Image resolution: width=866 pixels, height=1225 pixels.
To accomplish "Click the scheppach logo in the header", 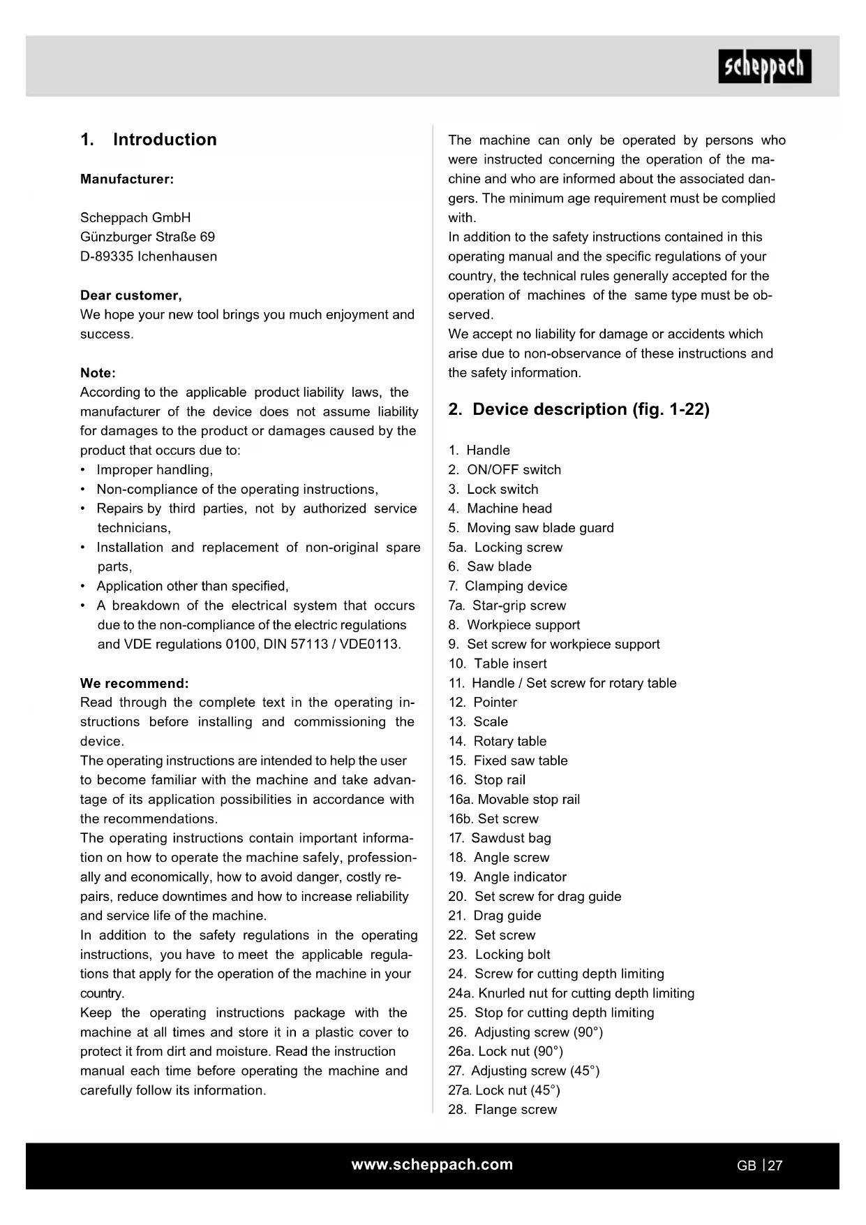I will tap(765, 66).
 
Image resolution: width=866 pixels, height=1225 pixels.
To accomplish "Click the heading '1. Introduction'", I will tap(149, 140).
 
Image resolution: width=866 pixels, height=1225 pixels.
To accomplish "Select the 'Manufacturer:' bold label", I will tap(127, 179).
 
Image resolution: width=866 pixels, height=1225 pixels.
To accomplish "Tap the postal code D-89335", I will tap(107, 256).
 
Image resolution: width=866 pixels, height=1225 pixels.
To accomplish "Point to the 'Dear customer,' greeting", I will tap(131, 295).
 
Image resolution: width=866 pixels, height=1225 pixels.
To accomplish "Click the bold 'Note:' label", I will tap(98, 373).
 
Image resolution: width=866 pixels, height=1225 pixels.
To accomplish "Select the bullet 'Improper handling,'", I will tap(155, 470).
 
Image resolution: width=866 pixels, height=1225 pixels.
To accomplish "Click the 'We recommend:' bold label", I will tap(135, 683).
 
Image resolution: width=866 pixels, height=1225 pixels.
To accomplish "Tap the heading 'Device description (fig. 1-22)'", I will tap(579, 409).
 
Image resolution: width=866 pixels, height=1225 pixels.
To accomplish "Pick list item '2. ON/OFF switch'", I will tap(505, 470).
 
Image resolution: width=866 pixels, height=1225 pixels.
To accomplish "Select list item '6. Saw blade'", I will tap(490, 566).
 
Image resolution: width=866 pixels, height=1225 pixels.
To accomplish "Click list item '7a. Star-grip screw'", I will tap(507, 606).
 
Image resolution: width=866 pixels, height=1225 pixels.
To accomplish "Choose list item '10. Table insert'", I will tap(498, 663).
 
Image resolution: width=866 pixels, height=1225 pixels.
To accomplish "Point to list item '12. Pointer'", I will tap(483, 703).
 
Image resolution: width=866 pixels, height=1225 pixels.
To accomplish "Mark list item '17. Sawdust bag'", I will tap(500, 838).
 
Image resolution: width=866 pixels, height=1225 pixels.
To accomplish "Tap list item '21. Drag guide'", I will tap(495, 916).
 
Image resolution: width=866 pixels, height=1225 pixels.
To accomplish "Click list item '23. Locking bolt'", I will tap(500, 955).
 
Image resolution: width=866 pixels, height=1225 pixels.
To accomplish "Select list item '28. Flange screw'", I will tap(503, 1110).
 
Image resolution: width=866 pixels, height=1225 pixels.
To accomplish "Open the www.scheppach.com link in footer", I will tap(432, 1164).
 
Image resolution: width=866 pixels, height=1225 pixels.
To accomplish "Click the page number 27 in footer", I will tap(775, 1166).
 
